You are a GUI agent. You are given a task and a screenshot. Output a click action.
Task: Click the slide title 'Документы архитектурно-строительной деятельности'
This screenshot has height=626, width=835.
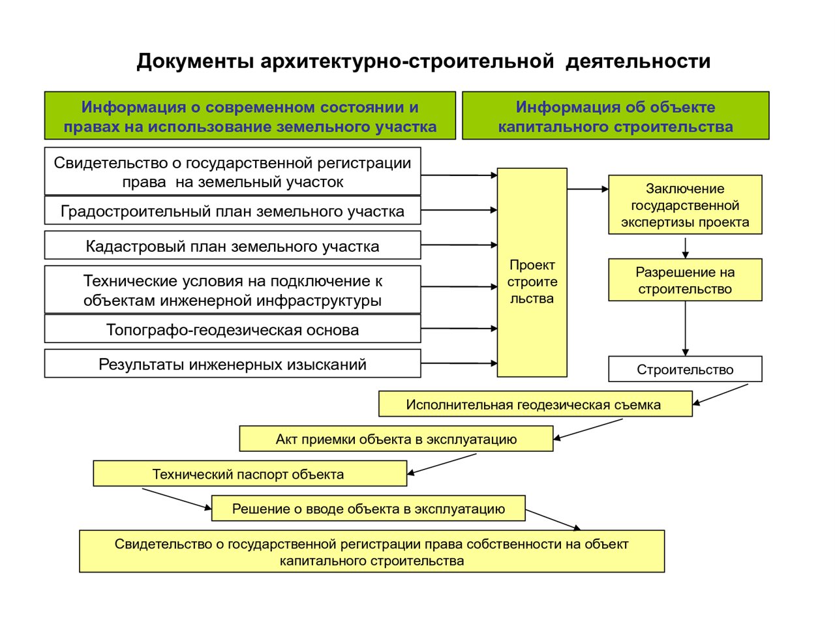pyautogui.click(x=423, y=61)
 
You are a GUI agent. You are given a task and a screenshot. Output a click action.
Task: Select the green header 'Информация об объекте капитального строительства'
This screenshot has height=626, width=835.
pyautogui.click(x=615, y=115)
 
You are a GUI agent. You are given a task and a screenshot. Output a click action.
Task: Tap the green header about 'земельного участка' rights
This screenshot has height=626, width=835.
pyautogui.click(x=250, y=115)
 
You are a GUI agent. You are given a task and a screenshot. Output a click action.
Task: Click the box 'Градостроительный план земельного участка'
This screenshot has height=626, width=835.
pyautogui.click(x=232, y=211)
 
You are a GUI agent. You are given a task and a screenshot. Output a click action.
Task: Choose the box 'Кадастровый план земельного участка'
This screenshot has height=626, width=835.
pyautogui.click(x=232, y=245)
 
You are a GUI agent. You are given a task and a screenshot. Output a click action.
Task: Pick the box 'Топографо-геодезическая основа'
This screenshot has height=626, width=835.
pyautogui.click(x=232, y=329)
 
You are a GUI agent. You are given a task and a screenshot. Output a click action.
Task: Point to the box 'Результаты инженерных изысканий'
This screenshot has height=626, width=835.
pyautogui.click(x=232, y=364)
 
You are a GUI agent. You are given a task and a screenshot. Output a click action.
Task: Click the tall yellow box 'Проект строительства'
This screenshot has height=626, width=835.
pyautogui.click(x=532, y=273)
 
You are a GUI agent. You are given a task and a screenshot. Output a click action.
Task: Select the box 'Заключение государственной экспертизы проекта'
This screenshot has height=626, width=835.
pyautogui.click(x=685, y=205)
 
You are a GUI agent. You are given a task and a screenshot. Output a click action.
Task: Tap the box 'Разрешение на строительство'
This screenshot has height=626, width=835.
pyautogui.click(x=685, y=280)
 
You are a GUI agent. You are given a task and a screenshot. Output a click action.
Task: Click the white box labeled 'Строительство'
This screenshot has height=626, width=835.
pyautogui.click(x=685, y=369)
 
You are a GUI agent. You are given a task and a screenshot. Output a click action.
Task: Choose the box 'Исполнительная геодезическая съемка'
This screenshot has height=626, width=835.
pyautogui.click(x=535, y=404)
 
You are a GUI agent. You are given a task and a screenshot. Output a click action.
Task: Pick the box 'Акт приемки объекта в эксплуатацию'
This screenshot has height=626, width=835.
pyautogui.click(x=396, y=439)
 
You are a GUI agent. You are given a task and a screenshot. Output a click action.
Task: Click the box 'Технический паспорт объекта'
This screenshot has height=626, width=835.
pyautogui.click(x=250, y=473)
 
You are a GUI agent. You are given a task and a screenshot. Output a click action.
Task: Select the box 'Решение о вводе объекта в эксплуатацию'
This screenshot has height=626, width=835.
pyautogui.click(x=368, y=508)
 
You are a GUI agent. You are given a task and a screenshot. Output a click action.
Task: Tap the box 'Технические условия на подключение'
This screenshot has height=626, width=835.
pyautogui.click(x=232, y=290)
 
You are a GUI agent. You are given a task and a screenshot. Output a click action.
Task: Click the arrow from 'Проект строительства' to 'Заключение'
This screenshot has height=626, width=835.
pyautogui.click(x=588, y=189)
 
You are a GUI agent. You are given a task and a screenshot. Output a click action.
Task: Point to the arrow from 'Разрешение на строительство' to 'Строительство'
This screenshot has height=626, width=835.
pyautogui.click(x=685, y=329)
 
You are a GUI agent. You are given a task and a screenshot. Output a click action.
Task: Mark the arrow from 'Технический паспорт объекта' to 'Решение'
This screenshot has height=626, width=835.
pyautogui.click(x=177, y=499)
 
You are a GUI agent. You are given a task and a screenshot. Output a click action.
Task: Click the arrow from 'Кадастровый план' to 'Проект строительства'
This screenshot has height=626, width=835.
pyautogui.click(x=459, y=245)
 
